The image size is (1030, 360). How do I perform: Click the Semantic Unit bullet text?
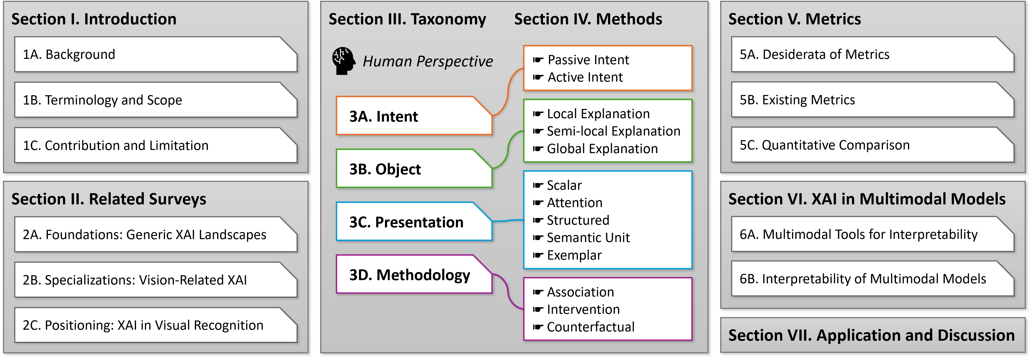click(588, 238)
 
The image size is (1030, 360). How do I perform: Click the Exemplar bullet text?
click(574, 255)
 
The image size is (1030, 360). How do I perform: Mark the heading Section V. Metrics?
click(795, 19)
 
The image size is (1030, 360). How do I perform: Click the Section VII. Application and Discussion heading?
click(872, 335)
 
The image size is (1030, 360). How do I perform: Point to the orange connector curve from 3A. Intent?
click(508, 92)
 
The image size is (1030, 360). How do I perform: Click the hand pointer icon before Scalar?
click(538, 186)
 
